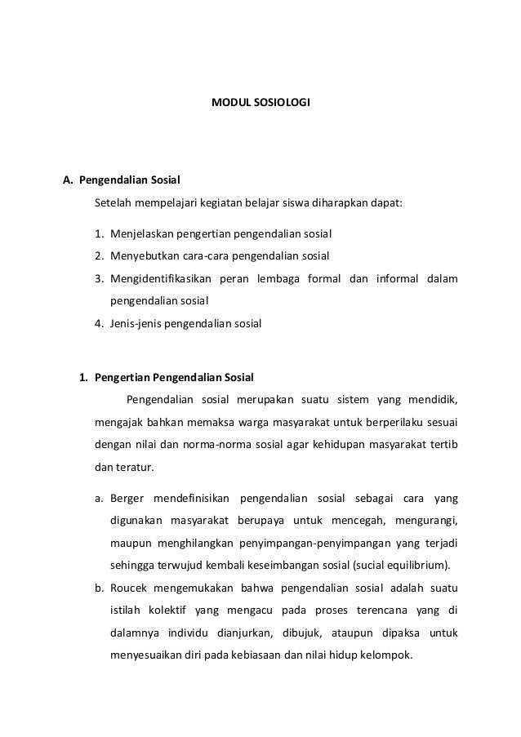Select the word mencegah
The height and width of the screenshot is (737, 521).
[357, 521]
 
